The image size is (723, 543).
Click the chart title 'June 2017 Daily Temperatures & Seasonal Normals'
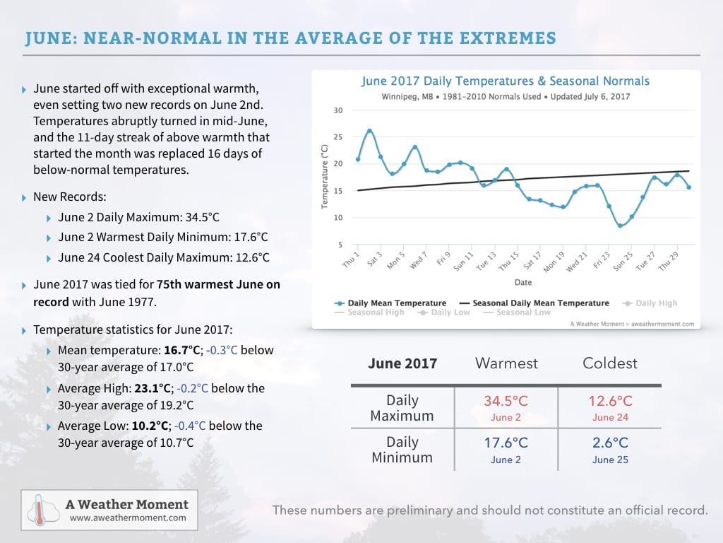coord(505,81)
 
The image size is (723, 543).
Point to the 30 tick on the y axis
coord(338,111)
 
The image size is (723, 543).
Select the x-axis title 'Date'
coord(523,282)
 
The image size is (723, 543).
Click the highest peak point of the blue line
coord(369,131)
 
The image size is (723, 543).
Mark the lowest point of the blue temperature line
coord(620,226)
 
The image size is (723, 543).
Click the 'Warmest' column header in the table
coord(506,363)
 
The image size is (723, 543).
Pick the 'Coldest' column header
coord(610,363)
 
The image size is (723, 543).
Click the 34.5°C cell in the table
coord(506,402)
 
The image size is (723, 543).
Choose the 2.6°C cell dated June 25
coord(610,443)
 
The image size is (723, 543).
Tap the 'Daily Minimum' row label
coord(402,450)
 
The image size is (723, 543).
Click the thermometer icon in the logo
coord(39,510)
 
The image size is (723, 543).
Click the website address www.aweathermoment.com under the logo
coord(129,518)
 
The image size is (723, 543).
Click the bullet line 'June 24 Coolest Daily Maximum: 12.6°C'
coord(162,257)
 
